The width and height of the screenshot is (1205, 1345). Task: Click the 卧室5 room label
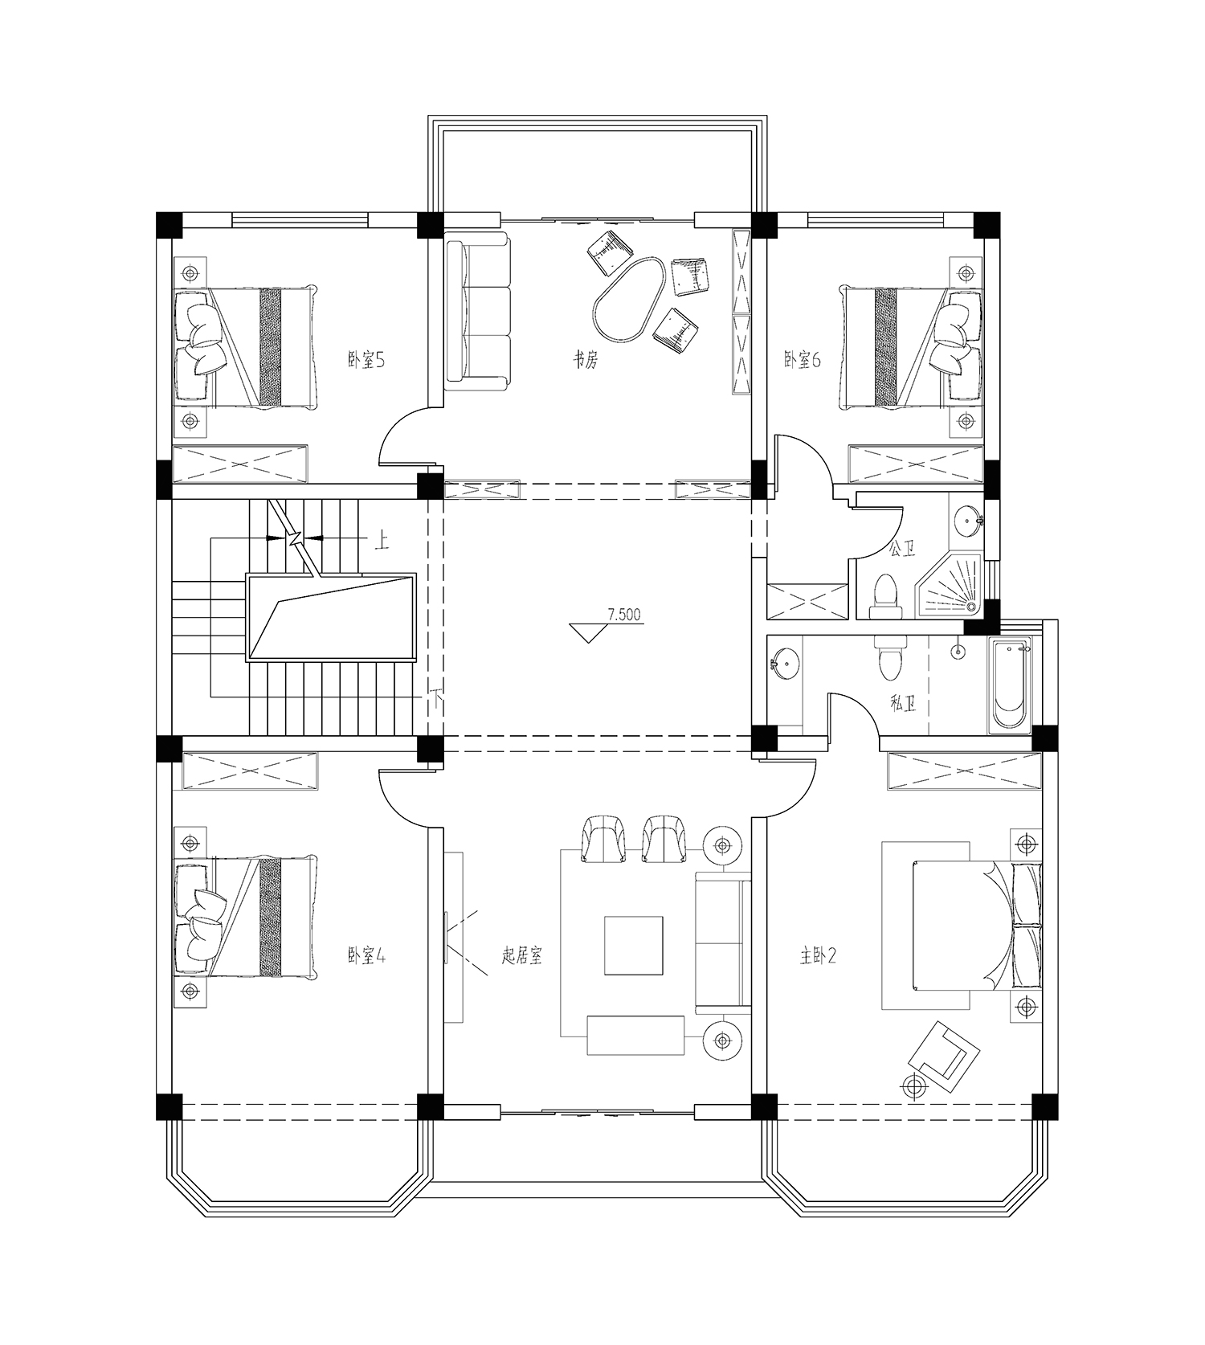tap(366, 360)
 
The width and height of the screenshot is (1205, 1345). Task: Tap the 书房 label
tap(585, 360)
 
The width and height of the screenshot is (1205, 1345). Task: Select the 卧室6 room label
tap(803, 360)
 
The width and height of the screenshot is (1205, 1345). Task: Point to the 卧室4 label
tap(367, 956)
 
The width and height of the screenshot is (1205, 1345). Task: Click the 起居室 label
tap(522, 956)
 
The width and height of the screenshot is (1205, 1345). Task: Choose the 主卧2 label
tap(819, 956)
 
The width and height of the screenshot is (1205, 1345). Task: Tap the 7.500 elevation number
tap(624, 615)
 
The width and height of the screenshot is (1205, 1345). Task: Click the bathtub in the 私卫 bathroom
tap(1010, 685)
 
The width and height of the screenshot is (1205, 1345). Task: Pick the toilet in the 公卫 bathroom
tap(887, 596)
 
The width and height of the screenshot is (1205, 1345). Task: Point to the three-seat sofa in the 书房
tap(478, 311)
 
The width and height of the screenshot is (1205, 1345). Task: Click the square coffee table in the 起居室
tap(634, 946)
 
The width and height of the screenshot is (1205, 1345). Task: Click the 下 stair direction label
tap(438, 697)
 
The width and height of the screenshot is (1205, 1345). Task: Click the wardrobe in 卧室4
tap(251, 771)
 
